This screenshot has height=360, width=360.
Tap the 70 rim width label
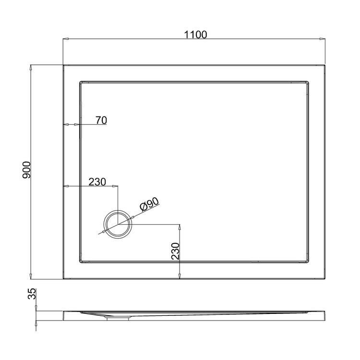[101, 120]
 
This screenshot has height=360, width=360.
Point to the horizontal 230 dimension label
[96, 182]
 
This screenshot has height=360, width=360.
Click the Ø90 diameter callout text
[149, 205]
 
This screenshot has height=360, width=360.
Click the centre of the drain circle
[117, 224]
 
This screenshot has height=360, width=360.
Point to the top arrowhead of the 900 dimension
[32, 67]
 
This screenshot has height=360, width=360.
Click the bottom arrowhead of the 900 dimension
[32, 277]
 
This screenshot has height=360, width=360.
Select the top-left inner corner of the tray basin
[80, 82]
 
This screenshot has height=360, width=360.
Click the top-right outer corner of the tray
[326, 65]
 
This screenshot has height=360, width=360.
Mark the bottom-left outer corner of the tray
[63, 279]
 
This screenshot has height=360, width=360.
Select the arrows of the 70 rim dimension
[72, 124]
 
